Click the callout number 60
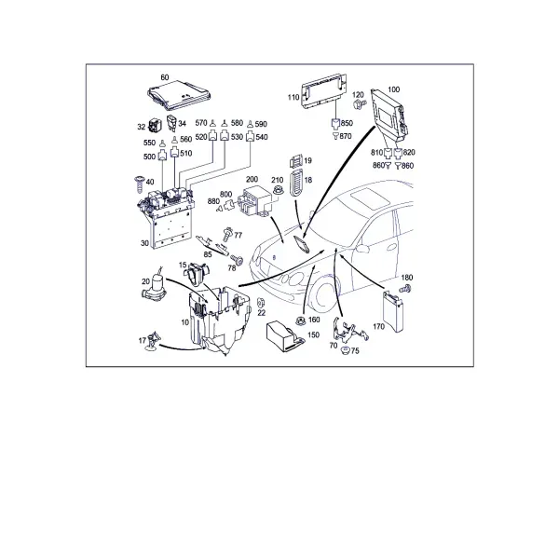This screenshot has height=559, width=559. coord(165,77)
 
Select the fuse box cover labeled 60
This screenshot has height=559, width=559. coord(179,94)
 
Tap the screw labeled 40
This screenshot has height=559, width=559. coord(139,184)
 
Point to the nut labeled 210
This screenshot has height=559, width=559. coord(277,190)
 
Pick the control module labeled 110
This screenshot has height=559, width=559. coord(323,90)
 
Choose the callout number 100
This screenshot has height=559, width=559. coord(393,89)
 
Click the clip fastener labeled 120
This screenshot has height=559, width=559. coord(359,104)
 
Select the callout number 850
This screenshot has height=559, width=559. coord(347,123)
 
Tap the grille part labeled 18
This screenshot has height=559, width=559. coord(296,183)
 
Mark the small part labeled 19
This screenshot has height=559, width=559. coord(295,161)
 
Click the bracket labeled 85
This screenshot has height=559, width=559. coord(212,244)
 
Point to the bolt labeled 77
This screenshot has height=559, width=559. coord(227,234)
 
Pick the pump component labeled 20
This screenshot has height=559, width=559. coord(155,287)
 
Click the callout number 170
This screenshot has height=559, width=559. coord(378,327)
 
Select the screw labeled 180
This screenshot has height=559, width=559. coord(405,289)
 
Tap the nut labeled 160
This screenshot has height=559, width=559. coord(301,320)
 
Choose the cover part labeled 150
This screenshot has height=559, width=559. coord(284,335)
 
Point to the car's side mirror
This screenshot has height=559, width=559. coord(361,249)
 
